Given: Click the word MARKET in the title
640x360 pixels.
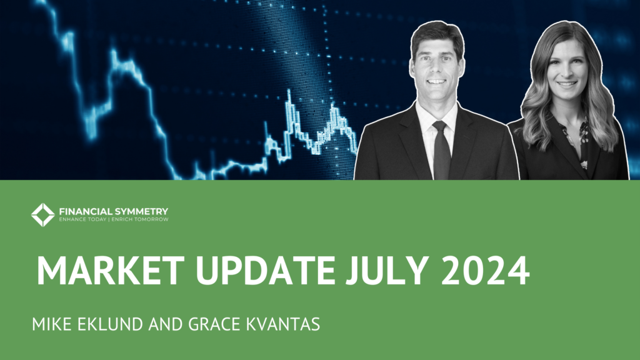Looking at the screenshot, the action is [x=111, y=270].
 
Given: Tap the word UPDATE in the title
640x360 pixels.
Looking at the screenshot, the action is [x=265, y=270].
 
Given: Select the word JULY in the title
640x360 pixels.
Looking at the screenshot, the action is [x=386, y=270].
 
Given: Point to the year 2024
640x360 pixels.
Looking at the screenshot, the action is [x=485, y=270].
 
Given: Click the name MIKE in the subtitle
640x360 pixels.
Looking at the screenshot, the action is [x=52, y=324].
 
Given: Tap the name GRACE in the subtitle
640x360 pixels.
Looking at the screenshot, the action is [x=214, y=324].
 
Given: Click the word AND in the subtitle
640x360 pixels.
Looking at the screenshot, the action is [x=166, y=324].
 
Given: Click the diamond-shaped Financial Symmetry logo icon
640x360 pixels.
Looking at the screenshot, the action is [x=43, y=215].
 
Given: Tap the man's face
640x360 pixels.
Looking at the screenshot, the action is [x=437, y=70].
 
